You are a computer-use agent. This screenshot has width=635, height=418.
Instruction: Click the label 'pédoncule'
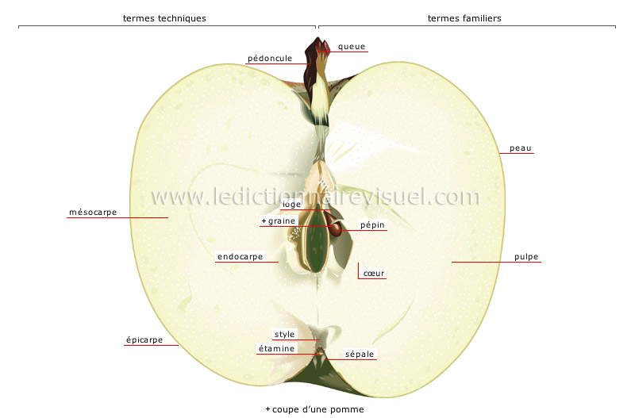pos(270,58)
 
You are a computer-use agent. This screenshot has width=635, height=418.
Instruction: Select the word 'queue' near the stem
pos(352,47)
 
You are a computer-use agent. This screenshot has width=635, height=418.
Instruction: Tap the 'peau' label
pos(521,148)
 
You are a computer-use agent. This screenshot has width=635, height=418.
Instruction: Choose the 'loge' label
pos(292,204)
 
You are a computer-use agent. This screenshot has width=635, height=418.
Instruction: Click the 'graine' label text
pos(281,221)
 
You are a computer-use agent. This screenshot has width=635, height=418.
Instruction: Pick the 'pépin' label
pos(372,225)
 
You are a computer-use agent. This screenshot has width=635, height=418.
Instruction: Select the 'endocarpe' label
pos(241,257)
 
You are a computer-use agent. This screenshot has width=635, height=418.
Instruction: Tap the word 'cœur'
pos(374,274)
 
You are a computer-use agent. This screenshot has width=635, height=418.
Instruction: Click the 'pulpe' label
pos(526,257)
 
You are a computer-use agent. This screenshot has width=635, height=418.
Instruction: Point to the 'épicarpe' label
pos(144,340)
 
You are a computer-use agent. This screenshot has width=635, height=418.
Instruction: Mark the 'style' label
pos(284,335)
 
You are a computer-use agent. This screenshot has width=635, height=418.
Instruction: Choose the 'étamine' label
pos(277,348)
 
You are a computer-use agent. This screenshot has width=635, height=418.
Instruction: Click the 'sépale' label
pos(360,354)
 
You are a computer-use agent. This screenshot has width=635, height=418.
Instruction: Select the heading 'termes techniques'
pos(164,17)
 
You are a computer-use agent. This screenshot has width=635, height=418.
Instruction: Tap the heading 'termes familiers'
pos(464,17)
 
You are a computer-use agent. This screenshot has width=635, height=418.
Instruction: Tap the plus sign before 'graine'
pos(263,221)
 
